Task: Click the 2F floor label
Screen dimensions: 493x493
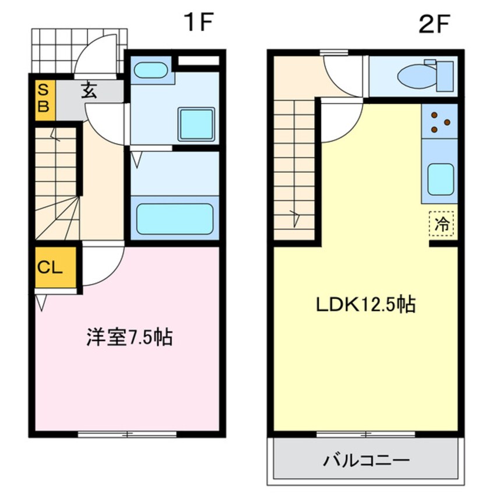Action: tap(435, 24)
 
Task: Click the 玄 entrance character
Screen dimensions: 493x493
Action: tap(88, 91)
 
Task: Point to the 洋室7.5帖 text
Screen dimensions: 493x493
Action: tap(129, 338)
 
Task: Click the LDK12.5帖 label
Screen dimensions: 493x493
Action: tap(365, 305)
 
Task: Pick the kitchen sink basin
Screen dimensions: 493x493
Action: tap(441, 179)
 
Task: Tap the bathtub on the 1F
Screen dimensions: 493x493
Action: tap(174, 219)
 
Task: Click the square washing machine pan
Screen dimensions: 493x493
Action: tap(196, 124)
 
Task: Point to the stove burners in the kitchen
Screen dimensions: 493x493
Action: tap(440, 120)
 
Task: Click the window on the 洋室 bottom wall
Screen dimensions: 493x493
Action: tap(127, 434)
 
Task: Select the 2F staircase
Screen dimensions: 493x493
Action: tap(294, 169)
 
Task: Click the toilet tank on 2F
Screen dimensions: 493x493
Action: tap(445, 76)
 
